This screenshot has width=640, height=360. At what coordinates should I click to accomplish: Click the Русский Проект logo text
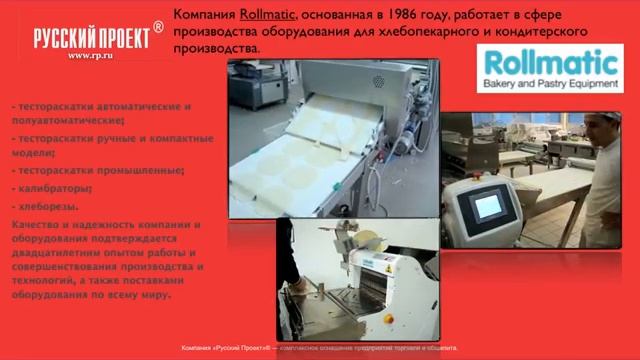click(91, 38)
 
